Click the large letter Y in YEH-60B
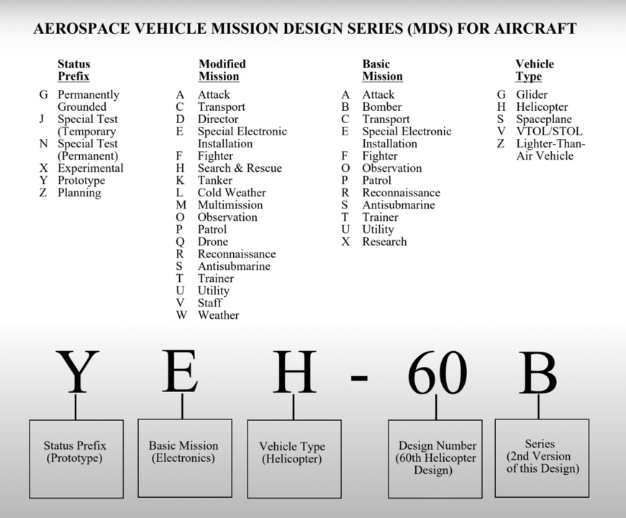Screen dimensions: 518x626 (x=77, y=373)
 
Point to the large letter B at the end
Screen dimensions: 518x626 (x=537, y=373)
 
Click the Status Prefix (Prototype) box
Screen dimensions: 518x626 (x=76, y=459)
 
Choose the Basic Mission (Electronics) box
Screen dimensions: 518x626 (x=183, y=458)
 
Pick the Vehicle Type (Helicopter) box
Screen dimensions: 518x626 (x=293, y=459)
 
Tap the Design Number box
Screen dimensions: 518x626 (x=437, y=458)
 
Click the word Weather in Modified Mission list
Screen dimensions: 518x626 (x=218, y=315)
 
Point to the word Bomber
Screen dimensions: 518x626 (x=381, y=107)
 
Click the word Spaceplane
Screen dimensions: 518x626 (x=543, y=119)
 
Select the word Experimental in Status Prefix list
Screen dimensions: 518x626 (x=90, y=168)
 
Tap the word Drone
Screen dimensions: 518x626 (x=212, y=242)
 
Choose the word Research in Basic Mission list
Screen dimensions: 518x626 (x=384, y=242)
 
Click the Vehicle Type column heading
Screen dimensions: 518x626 (x=534, y=71)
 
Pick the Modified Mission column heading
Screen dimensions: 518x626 (x=222, y=71)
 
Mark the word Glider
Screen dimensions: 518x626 (x=531, y=95)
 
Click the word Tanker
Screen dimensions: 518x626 (x=215, y=181)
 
